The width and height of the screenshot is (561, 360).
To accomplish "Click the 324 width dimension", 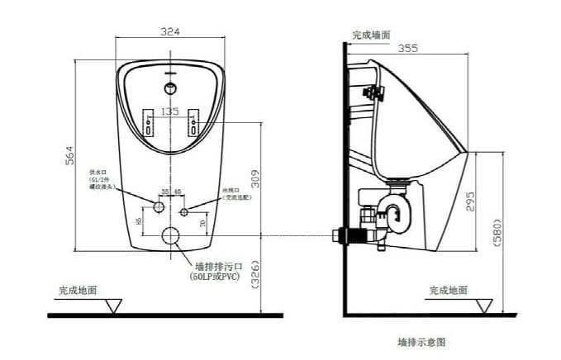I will point(170,31).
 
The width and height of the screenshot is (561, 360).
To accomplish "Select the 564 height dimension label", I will point(70,154).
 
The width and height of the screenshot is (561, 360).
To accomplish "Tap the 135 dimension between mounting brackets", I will point(169,111).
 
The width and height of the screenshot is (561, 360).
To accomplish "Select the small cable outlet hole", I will point(185,211).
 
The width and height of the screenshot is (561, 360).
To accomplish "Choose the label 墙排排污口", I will point(218,266).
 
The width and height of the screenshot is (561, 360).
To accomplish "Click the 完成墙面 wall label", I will point(371,36).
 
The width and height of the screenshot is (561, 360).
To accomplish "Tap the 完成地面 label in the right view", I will point(448,290).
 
